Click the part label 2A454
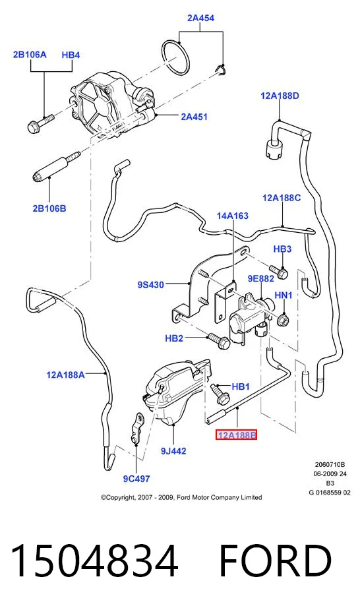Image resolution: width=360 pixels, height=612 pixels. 200,18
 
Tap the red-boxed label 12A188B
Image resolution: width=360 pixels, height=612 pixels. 236,435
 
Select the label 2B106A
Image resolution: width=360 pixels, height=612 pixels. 30,55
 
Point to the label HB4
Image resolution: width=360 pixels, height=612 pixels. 71,55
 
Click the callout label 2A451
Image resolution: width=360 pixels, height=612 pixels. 195,116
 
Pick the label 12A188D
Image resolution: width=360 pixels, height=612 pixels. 280,96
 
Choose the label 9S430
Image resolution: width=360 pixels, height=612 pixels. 150,285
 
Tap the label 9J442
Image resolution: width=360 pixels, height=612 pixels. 173,451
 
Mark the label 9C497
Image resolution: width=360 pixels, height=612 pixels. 136,479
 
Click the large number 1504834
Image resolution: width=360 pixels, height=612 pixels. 94,561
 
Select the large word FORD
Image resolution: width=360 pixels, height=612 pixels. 275,561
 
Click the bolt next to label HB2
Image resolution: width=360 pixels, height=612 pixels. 218,341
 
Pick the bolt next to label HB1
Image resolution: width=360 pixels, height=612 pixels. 220,395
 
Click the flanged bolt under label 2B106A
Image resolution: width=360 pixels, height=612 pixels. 40,122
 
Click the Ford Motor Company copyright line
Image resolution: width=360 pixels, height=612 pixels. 181,498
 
